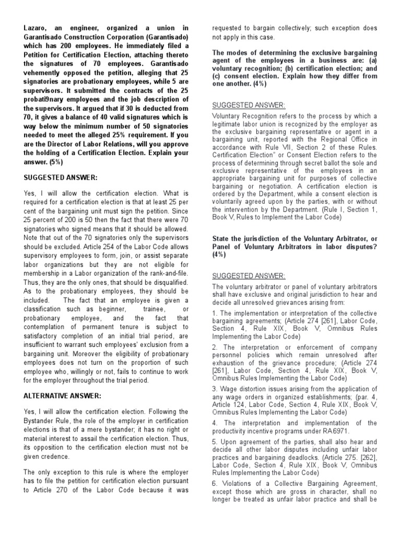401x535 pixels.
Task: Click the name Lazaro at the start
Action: [36, 28]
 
